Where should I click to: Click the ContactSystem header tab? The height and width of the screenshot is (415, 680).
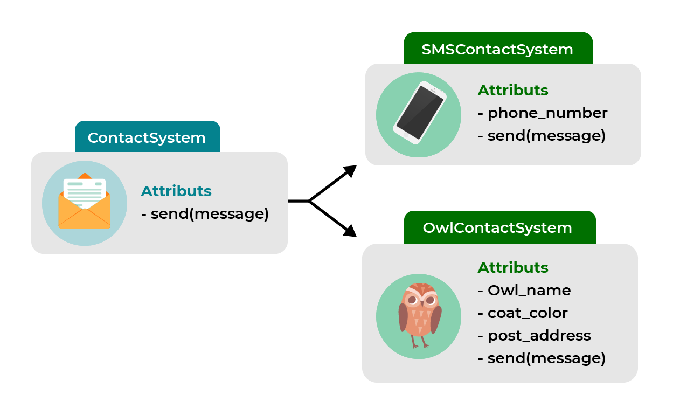point(147,137)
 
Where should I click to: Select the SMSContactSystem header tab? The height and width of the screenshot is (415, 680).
point(498,49)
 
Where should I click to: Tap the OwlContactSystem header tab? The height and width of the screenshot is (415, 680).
point(498,227)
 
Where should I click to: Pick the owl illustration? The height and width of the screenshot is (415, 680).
point(419,315)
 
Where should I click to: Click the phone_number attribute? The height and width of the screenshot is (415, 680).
point(547,113)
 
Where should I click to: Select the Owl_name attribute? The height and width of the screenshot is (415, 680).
point(529,290)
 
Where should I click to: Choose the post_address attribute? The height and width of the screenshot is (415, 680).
point(539,336)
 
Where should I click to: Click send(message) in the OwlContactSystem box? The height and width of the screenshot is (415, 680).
point(546,358)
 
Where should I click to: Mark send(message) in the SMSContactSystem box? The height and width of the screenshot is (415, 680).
point(546,136)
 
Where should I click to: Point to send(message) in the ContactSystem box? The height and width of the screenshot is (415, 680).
point(209,214)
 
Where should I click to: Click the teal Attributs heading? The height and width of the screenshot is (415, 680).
point(176,191)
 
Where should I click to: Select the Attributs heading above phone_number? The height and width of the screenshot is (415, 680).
point(513,91)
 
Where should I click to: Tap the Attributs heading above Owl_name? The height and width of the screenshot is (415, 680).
point(513,268)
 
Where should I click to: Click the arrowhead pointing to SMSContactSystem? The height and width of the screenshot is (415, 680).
point(351,170)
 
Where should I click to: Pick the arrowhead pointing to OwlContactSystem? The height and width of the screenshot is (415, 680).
point(351,231)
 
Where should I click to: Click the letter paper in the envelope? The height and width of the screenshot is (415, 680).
point(85,191)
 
